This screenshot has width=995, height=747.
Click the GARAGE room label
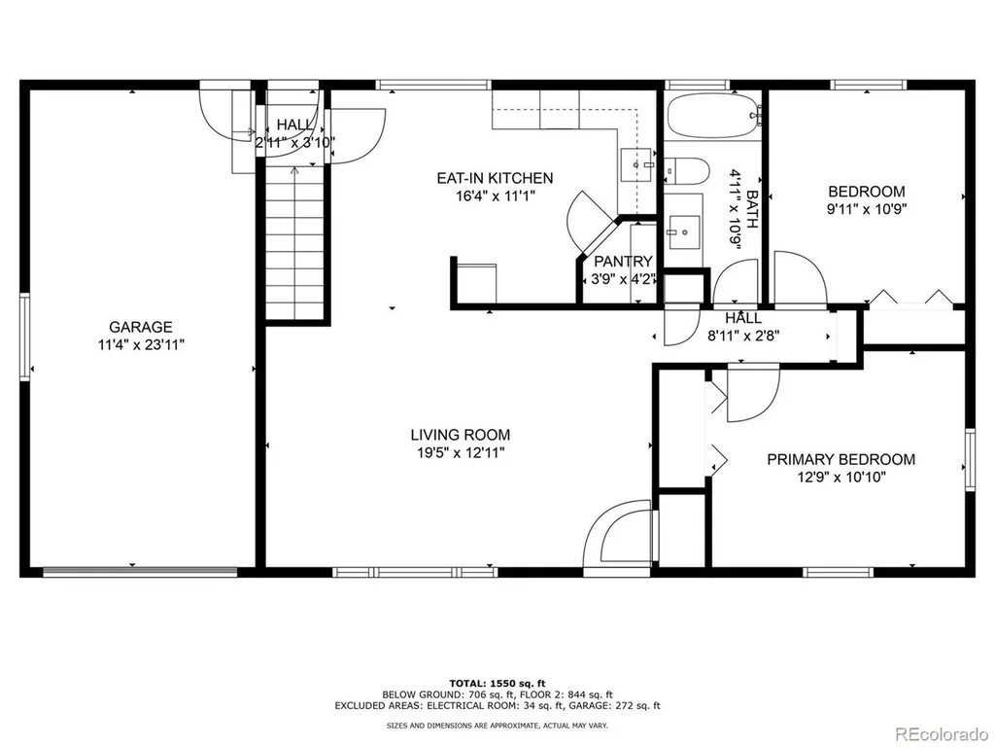pyautogui.click(x=140, y=327)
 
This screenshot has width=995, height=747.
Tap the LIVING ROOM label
pyautogui.click(x=460, y=435)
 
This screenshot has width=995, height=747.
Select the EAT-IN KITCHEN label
pyautogui.click(x=495, y=178)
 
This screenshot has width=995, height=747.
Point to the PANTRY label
pyautogui.click(x=623, y=261)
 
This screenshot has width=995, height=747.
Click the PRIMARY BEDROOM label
pyautogui.click(x=841, y=459)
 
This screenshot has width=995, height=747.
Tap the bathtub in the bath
pyautogui.click(x=714, y=116)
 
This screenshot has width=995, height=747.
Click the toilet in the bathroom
pyautogui.click(x=686, y=170)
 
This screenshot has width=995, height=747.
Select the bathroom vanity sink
pyautogui.click(x=683, y=231)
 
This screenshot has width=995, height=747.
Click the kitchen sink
pyautogui.click(x=636, y=165)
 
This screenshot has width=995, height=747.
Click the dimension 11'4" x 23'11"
pyautogui.click(x=140, y=345)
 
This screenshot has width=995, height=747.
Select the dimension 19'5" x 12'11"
pyautogui.click(x=460, y=453)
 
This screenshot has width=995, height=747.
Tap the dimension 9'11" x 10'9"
pyautogui.click(x=866, y=209)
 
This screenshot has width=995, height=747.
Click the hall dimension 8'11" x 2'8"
pyautogui.click(x=743, y=336)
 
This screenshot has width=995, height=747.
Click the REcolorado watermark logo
pyautogui.click(x=942, y=734)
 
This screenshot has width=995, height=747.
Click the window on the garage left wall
pyautogui.click(x=24, y=337)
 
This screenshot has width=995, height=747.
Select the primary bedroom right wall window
pyautogui.click(x=970, y=460)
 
